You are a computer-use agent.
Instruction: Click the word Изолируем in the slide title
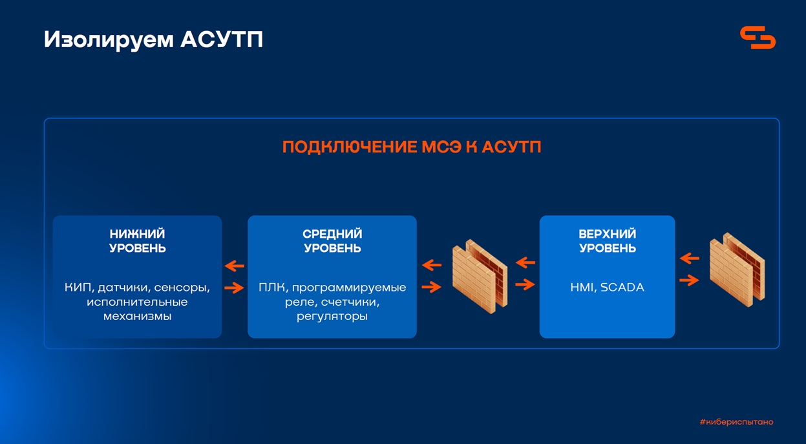(109, 40)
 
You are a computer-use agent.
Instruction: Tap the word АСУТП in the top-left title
(222, 39)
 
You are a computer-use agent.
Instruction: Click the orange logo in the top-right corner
(758, 37)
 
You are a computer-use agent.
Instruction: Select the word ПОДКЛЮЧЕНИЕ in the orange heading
(349, 147)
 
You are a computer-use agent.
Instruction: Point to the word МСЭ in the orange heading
(441, 147)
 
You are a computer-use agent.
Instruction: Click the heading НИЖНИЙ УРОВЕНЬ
(138, 241)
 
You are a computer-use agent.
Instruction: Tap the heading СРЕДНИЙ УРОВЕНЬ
(332, 241)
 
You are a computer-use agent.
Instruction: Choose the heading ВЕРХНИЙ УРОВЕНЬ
(608, 241)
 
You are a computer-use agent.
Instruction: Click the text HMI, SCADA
(608, 288)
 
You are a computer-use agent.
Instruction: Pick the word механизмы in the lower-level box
(138, 317)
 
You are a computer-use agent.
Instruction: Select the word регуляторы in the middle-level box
(332, 317)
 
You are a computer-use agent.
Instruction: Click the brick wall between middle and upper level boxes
(480, 277)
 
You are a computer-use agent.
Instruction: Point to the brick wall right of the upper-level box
(737, 270)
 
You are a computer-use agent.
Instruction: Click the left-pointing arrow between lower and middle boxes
(234, 266)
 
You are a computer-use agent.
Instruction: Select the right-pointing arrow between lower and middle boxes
(234, 288)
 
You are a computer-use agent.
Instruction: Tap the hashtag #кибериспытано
(737, 422)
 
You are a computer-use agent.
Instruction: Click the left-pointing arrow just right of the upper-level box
(690, 259)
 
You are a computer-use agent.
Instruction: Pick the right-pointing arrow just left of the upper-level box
(525, 285)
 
